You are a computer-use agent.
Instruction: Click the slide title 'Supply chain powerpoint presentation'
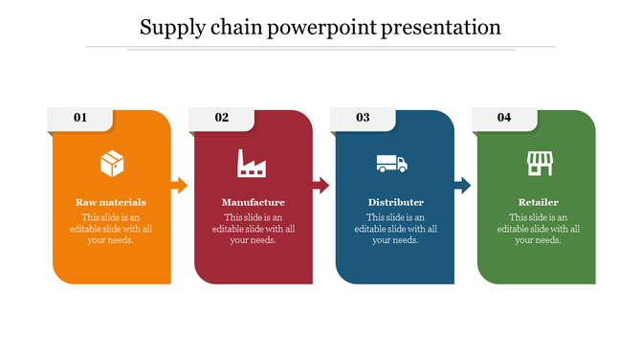(320, 27)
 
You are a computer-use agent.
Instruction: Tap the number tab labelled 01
(80, 118)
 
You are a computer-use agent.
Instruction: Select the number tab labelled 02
(222, 118)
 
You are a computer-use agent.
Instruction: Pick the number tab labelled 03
(364, 118)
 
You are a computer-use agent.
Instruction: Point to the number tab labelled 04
(504, 118)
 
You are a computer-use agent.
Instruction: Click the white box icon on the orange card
(112, 164)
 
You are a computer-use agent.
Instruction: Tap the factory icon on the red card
(253, 164)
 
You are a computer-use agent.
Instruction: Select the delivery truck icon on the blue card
(392, 164)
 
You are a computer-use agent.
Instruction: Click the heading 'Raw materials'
(111, 203)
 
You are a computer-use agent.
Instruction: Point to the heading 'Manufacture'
(253, 203)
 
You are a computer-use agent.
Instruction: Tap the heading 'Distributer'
(395, 203)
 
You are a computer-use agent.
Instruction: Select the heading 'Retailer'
(538, 203)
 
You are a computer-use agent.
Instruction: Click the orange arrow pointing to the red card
(179, 185)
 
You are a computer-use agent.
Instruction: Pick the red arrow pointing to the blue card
(320, 185)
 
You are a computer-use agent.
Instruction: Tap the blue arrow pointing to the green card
(462, 185)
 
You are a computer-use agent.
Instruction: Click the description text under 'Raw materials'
(111, 229)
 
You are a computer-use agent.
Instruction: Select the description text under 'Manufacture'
(253, 229)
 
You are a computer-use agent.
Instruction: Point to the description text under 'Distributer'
(395, 229)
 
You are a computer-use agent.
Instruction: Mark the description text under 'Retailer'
(538, 229)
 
